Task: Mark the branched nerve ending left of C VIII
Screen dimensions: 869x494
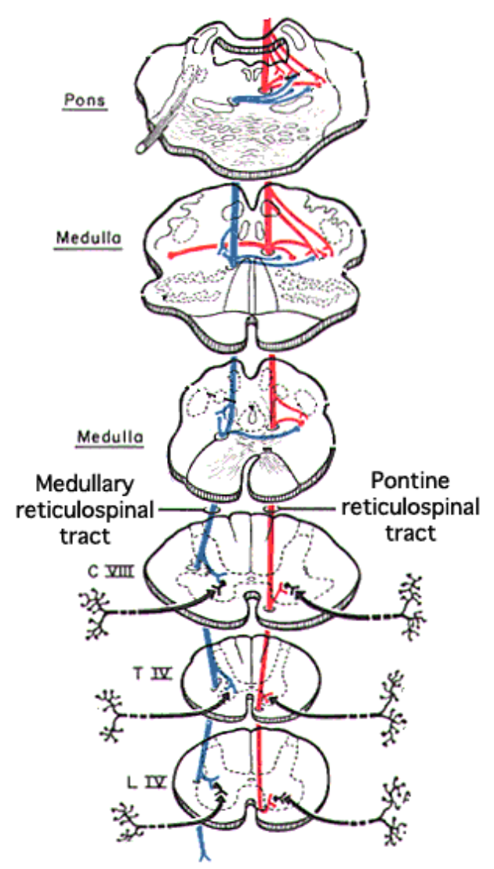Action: pos(97,616)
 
